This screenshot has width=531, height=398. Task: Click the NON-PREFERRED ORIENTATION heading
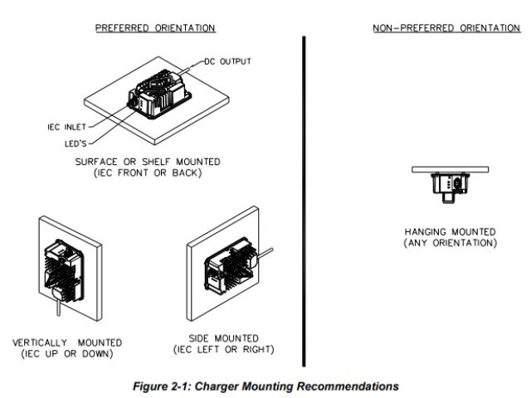[x=446, y=27]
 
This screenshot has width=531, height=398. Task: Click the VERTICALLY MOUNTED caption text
[x=67, y=342]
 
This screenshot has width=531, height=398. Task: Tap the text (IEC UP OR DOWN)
[x=67, y=353]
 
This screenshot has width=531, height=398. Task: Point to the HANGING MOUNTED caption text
[x=450, y=231]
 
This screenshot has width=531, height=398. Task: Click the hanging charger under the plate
[x=450, y=184]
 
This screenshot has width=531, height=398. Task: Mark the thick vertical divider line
[x=304, y=199]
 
